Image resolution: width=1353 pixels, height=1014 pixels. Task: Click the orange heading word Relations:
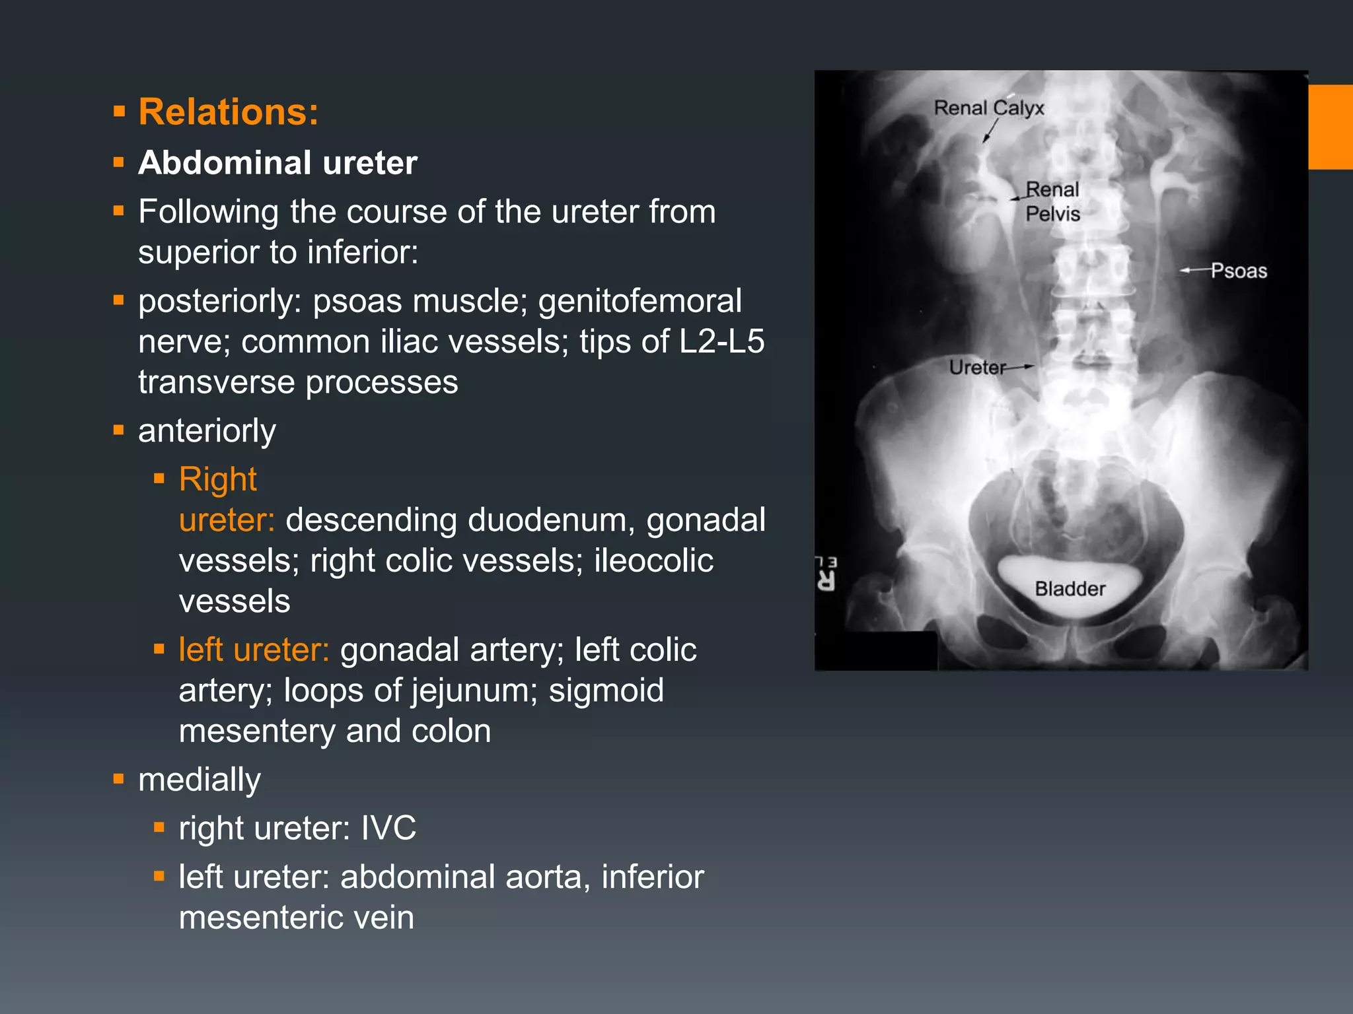point(228,112)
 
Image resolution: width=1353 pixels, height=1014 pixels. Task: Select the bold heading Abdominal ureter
point(277,162)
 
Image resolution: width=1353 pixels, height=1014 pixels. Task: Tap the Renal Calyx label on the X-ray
point(988,108)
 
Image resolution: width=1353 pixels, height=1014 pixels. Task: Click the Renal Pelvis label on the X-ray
point(1052,201)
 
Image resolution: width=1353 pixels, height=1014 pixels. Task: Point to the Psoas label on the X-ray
point(1239,271)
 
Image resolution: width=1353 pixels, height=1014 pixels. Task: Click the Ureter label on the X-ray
point(977,367)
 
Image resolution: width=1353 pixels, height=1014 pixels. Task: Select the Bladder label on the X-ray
point(1070,588)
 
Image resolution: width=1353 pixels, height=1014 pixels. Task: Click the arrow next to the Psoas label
point(1194,270)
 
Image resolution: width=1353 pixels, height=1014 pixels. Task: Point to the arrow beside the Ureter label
point(1020,366)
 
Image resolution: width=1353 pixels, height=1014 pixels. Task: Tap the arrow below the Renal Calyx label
point(989,131)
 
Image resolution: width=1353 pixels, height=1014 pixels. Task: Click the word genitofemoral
point(640,301)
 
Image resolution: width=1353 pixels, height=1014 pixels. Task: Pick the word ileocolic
point(653,560)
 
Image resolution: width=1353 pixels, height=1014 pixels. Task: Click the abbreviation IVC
point(388,828)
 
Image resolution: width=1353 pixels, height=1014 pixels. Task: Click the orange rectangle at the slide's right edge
point(1331,127)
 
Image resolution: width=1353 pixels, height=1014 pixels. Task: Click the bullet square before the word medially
point(119,779)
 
